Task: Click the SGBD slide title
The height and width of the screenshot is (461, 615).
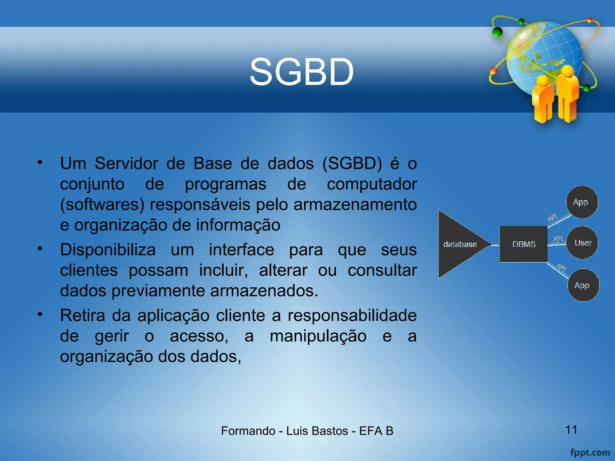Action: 301,72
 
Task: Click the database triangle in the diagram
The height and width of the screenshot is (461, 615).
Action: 459,244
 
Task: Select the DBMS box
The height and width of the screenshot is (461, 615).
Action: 523,244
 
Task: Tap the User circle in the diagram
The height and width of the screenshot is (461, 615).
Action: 582,243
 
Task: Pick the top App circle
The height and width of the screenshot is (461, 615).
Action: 582,202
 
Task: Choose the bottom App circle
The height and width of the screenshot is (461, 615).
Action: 583,285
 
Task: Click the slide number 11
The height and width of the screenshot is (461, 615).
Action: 571,429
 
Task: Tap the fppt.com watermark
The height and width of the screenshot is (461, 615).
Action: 590,452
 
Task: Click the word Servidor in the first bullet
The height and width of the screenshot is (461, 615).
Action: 126,164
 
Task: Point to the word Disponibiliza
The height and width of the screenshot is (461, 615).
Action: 108,250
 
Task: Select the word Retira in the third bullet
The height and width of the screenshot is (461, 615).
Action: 83,315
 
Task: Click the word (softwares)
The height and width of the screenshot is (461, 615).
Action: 102,205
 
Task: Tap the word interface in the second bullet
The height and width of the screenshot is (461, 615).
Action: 241,250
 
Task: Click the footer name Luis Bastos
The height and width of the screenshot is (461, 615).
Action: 317,431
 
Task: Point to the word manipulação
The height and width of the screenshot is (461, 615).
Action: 318,336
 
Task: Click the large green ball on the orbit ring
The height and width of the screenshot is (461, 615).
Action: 498,32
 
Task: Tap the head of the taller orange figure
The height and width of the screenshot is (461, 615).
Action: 567,71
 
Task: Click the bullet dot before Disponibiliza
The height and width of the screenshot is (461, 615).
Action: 40,249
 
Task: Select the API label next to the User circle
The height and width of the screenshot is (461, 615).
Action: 558,239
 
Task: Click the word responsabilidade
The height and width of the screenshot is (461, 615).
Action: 352,315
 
